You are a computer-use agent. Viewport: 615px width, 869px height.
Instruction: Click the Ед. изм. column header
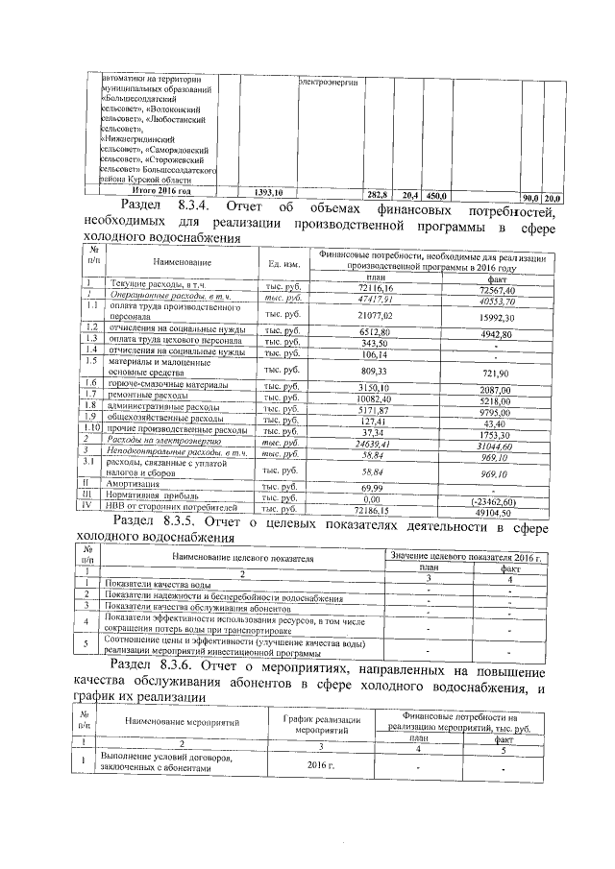coord(283,262)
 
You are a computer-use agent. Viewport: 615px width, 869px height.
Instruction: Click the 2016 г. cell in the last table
coord(315,764)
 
